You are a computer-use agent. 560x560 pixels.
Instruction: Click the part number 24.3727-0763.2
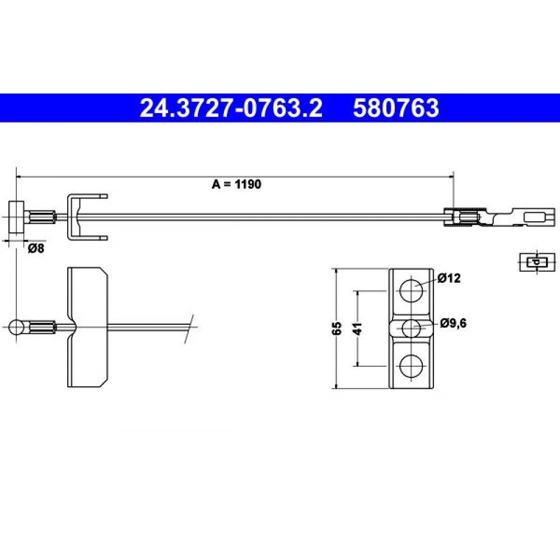pos(231,108)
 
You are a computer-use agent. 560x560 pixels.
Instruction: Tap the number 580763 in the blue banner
pos(396,108)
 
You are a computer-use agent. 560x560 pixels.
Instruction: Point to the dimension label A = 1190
pos(236,184)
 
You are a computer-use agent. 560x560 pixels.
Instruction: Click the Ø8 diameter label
pos(36,248)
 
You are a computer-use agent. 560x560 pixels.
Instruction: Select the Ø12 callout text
pos(449,278)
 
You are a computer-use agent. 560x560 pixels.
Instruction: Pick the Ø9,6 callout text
pos(453,323)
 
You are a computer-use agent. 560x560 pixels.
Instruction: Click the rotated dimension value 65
pos(337,328)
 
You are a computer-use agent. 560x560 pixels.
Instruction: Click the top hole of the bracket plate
pos(411,291)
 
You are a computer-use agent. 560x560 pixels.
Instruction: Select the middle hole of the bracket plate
pos(411,328)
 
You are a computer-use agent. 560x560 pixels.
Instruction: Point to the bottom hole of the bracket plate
pos(411,366)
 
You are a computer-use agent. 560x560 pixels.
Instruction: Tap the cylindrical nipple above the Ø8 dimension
pos(17,217)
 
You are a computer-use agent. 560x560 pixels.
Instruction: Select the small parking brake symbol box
pos(537,262)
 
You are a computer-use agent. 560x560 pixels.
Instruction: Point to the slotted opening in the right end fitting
pos(534,217)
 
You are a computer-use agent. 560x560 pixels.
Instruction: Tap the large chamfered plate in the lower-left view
pos(87,327)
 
